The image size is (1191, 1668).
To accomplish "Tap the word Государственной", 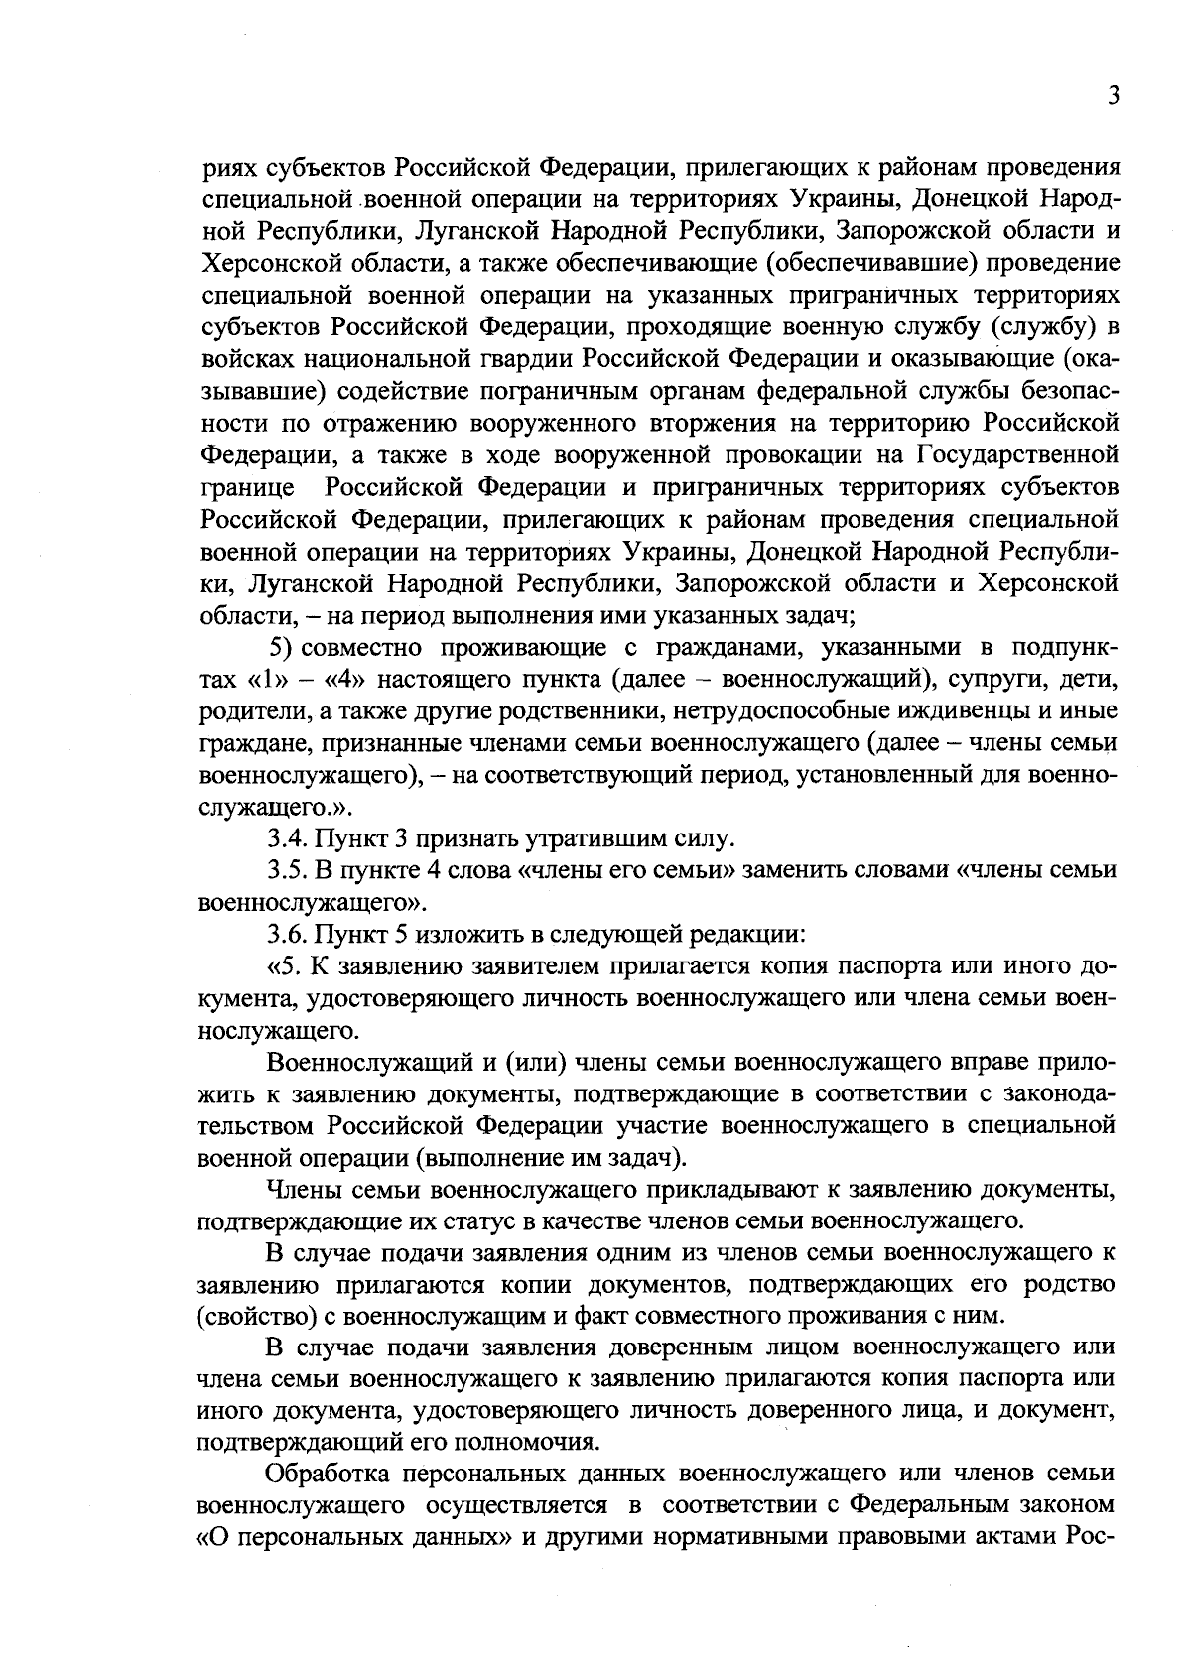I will pyautogui.click(x=1017, y=455).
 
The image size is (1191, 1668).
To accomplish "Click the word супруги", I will pyautogui.click(x=992, y=681).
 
